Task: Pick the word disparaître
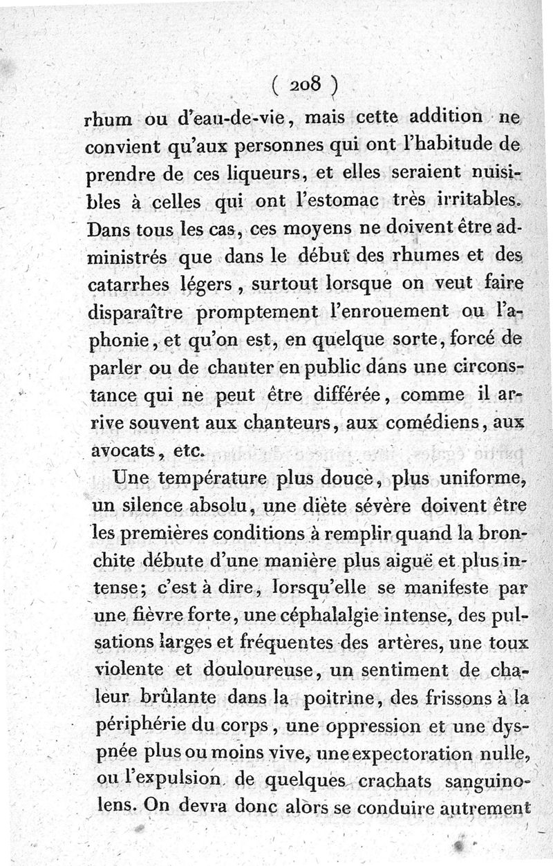(136, 312)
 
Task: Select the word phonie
(115, 339)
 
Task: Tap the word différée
(337, 395)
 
